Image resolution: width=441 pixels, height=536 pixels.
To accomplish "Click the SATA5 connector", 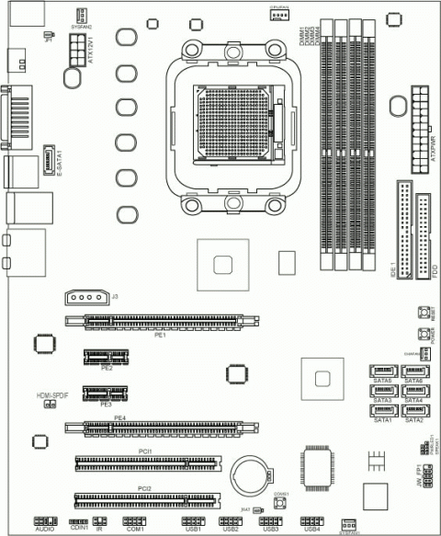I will (x=381, y=371).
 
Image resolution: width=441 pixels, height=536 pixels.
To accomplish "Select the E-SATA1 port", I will (x=50, y=158).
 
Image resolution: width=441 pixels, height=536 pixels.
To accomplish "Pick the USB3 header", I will (x=270, y=520).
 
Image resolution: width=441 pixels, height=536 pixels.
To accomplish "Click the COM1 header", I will (x=135, y=520).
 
